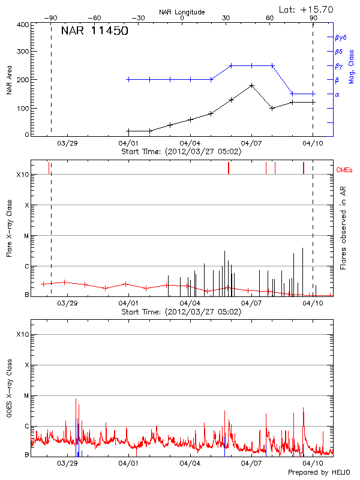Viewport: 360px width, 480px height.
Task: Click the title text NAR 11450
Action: click(94, 31)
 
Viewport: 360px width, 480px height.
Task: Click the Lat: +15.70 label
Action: click(307, 9)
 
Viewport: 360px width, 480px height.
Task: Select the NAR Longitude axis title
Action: click(182, 11)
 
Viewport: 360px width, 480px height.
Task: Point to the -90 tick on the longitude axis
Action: click(52, 19)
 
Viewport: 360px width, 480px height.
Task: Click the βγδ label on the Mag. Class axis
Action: click(340, 37)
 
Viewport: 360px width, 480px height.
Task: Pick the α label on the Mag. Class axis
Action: click(337, 94)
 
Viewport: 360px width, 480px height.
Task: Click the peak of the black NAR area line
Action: click(251, 86)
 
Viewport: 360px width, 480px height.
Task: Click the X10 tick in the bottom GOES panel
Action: click(22, 334)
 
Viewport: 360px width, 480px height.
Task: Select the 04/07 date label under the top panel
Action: click(251, 143)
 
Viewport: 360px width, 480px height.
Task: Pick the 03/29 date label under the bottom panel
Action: click(68, 464)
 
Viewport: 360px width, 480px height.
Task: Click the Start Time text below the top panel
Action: click(181, 152)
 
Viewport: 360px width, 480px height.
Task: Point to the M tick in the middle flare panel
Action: click(25, 236)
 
